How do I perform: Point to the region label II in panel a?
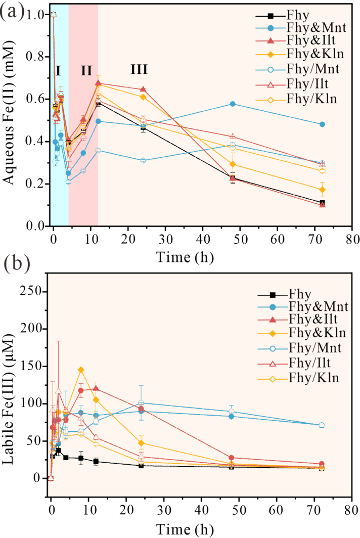pos(86,70)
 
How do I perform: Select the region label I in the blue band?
pos(58,70)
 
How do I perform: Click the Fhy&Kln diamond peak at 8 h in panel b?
pos(81,370)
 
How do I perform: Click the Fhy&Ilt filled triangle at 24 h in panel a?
pos(143,89)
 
